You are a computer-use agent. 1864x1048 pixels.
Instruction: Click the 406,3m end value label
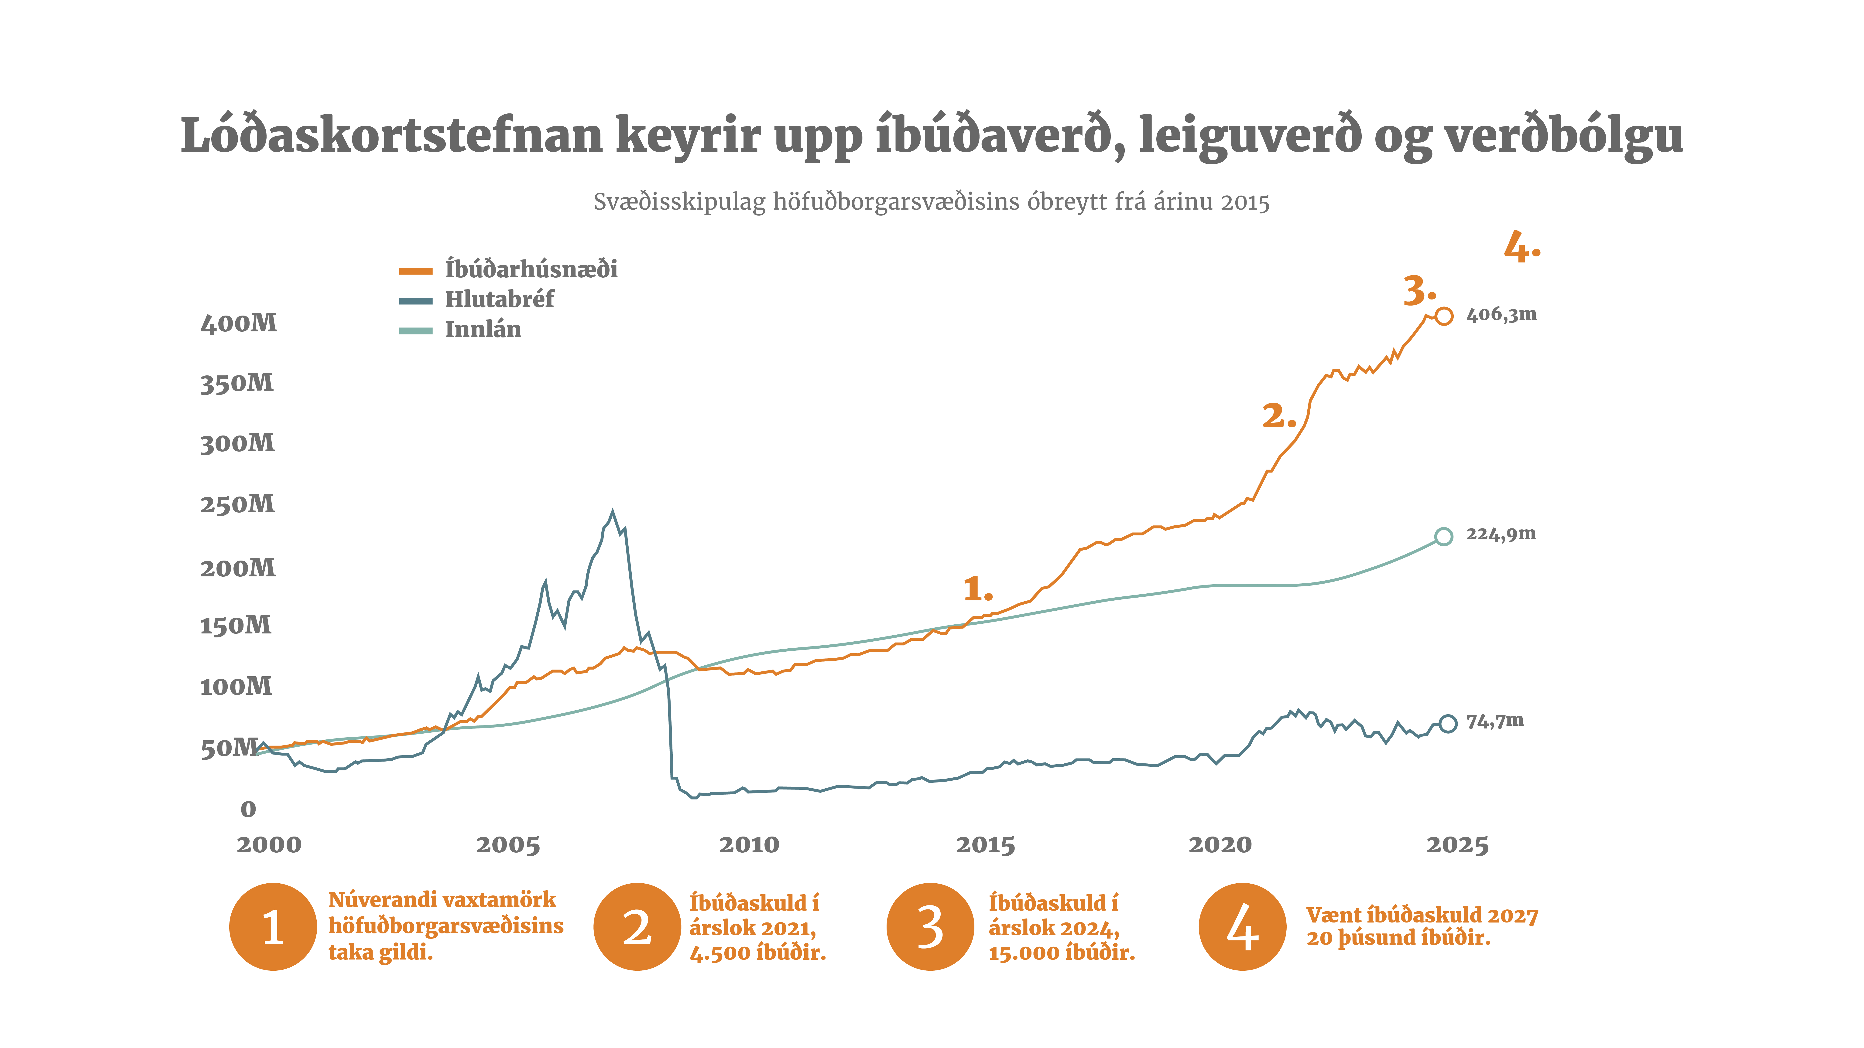tap(1501, 315)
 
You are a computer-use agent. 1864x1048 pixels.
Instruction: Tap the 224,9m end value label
tap(1501, 534)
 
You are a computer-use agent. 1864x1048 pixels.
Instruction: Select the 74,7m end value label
tap(1494, 721)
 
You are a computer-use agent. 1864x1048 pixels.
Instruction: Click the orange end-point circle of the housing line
tap(1444, 316)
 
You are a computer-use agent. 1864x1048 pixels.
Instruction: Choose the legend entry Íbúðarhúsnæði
tap(530, 270)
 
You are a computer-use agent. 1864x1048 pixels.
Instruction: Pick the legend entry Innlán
tap(483, 330)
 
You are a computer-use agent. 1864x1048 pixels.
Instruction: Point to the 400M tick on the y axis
tap(239, 323)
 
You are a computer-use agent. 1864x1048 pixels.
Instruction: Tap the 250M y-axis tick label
tap(237, 504)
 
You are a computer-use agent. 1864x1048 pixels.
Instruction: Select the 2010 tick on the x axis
tap(749, 845)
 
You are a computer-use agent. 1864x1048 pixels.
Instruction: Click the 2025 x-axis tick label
tap(1457, 845)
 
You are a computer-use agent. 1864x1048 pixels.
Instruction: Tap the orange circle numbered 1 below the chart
tap(273, 926)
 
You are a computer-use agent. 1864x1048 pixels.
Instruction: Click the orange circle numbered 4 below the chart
tap(1242, 926)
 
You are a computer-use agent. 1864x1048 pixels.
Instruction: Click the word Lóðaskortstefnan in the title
tap(391, 136)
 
